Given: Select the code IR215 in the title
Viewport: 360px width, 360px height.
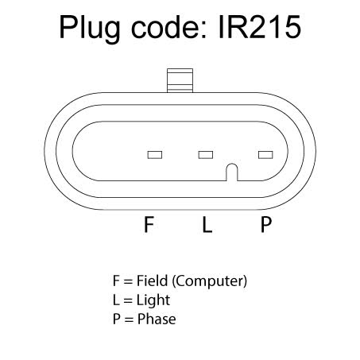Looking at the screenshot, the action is pyautogui.click(x=260, y=27).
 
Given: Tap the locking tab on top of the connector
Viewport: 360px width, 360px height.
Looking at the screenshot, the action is pyautogui.click(x=180, y=80).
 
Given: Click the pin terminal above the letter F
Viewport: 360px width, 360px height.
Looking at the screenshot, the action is pyautogui.click(x=155, y=155).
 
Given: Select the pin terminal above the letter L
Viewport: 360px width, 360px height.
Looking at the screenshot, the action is pyautogui.click(x=206, y=155).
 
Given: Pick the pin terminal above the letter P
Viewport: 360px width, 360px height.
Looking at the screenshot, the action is pyautogui.click(x=265, y=155).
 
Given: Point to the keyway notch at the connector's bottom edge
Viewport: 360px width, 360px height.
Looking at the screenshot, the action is pyautogui.click(x=232, y=172).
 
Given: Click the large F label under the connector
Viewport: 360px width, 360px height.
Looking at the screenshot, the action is pyautogui.click(x=149, y=224).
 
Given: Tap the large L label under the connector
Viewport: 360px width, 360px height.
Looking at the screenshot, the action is pyautogui.click(x=207, y=224).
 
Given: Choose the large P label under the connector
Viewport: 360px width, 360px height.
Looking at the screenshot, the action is pyautogui.click(x=266, y=224).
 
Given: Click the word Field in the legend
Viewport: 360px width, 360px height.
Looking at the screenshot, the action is pyautogui.click(x=153, y=281).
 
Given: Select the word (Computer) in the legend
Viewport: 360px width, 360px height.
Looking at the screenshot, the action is pyautogui.click(x=210, y=281).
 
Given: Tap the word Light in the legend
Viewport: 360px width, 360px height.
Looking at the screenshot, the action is pyautogui.click(x=153, y=300).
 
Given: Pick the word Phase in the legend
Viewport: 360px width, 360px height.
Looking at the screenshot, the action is pyautogui.click(x=157, y=319).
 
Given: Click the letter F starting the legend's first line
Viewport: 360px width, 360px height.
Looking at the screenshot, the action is pyautogui.click(x=116, y=281).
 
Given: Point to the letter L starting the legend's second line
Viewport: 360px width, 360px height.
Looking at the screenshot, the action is pyautogui.click(x=116, y=300).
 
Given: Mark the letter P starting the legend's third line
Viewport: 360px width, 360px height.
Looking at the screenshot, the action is pyautogui.click(x=117, y=319).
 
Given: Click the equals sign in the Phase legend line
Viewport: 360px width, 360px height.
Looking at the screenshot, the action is pyautogui.click(x=129, y=319).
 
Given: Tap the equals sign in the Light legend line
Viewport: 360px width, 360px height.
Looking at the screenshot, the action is pyautogui.click(x=128, y=300).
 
